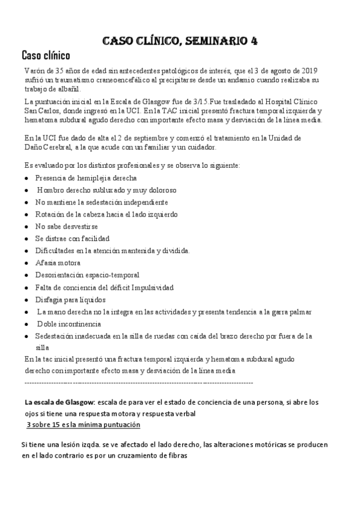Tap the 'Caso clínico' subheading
[46, 56]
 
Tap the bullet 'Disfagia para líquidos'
[70, 300]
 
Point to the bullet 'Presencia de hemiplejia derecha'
[86, 178]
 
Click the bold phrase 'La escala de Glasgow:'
[59, 402]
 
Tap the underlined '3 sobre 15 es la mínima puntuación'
[84, 425]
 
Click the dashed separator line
[138, 382]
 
